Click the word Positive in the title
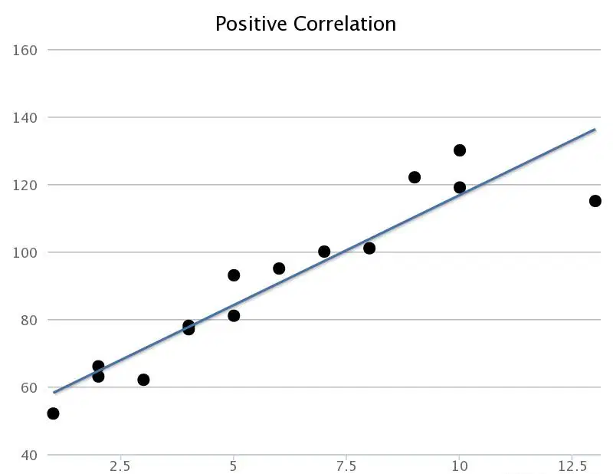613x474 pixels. (251, 25)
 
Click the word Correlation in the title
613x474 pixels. (345, 24)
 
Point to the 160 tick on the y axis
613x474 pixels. (25, 51)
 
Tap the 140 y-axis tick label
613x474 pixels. (25, 118)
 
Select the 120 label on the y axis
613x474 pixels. (25, 185)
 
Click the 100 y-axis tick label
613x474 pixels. (25, 252)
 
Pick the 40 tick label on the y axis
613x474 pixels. (29, 456)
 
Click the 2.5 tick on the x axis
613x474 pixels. (120, 466)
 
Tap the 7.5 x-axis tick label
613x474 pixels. (346, 466)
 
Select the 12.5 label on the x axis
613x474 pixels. (572, 466)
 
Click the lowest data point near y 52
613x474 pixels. (53, 413)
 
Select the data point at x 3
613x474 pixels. (143, 380)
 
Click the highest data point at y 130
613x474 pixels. (460, 150)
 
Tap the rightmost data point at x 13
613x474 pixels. (595, 201)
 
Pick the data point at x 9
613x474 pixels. (415, 177)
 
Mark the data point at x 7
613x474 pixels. (324, 252)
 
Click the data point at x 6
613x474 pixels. (279, 268)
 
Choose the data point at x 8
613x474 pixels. (369, 249)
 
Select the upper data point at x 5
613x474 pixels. (234, 275)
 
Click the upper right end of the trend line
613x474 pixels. (595, 129)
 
